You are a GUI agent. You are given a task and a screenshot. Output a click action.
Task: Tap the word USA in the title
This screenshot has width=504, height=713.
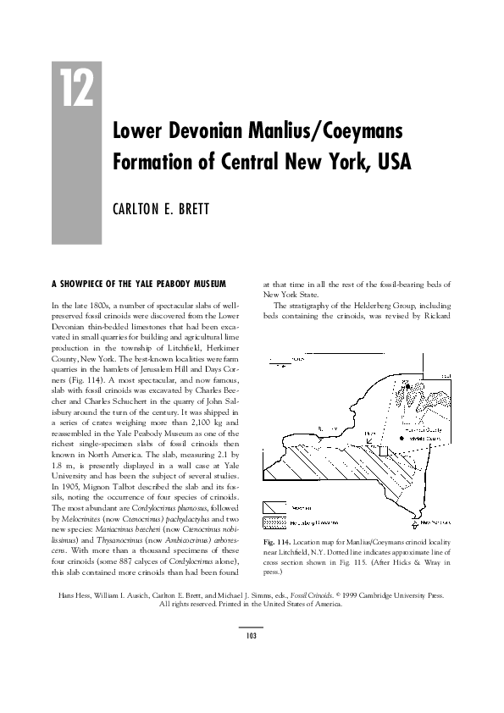[391, 161]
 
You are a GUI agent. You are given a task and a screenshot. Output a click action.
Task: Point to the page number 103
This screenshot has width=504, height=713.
[252, 635]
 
